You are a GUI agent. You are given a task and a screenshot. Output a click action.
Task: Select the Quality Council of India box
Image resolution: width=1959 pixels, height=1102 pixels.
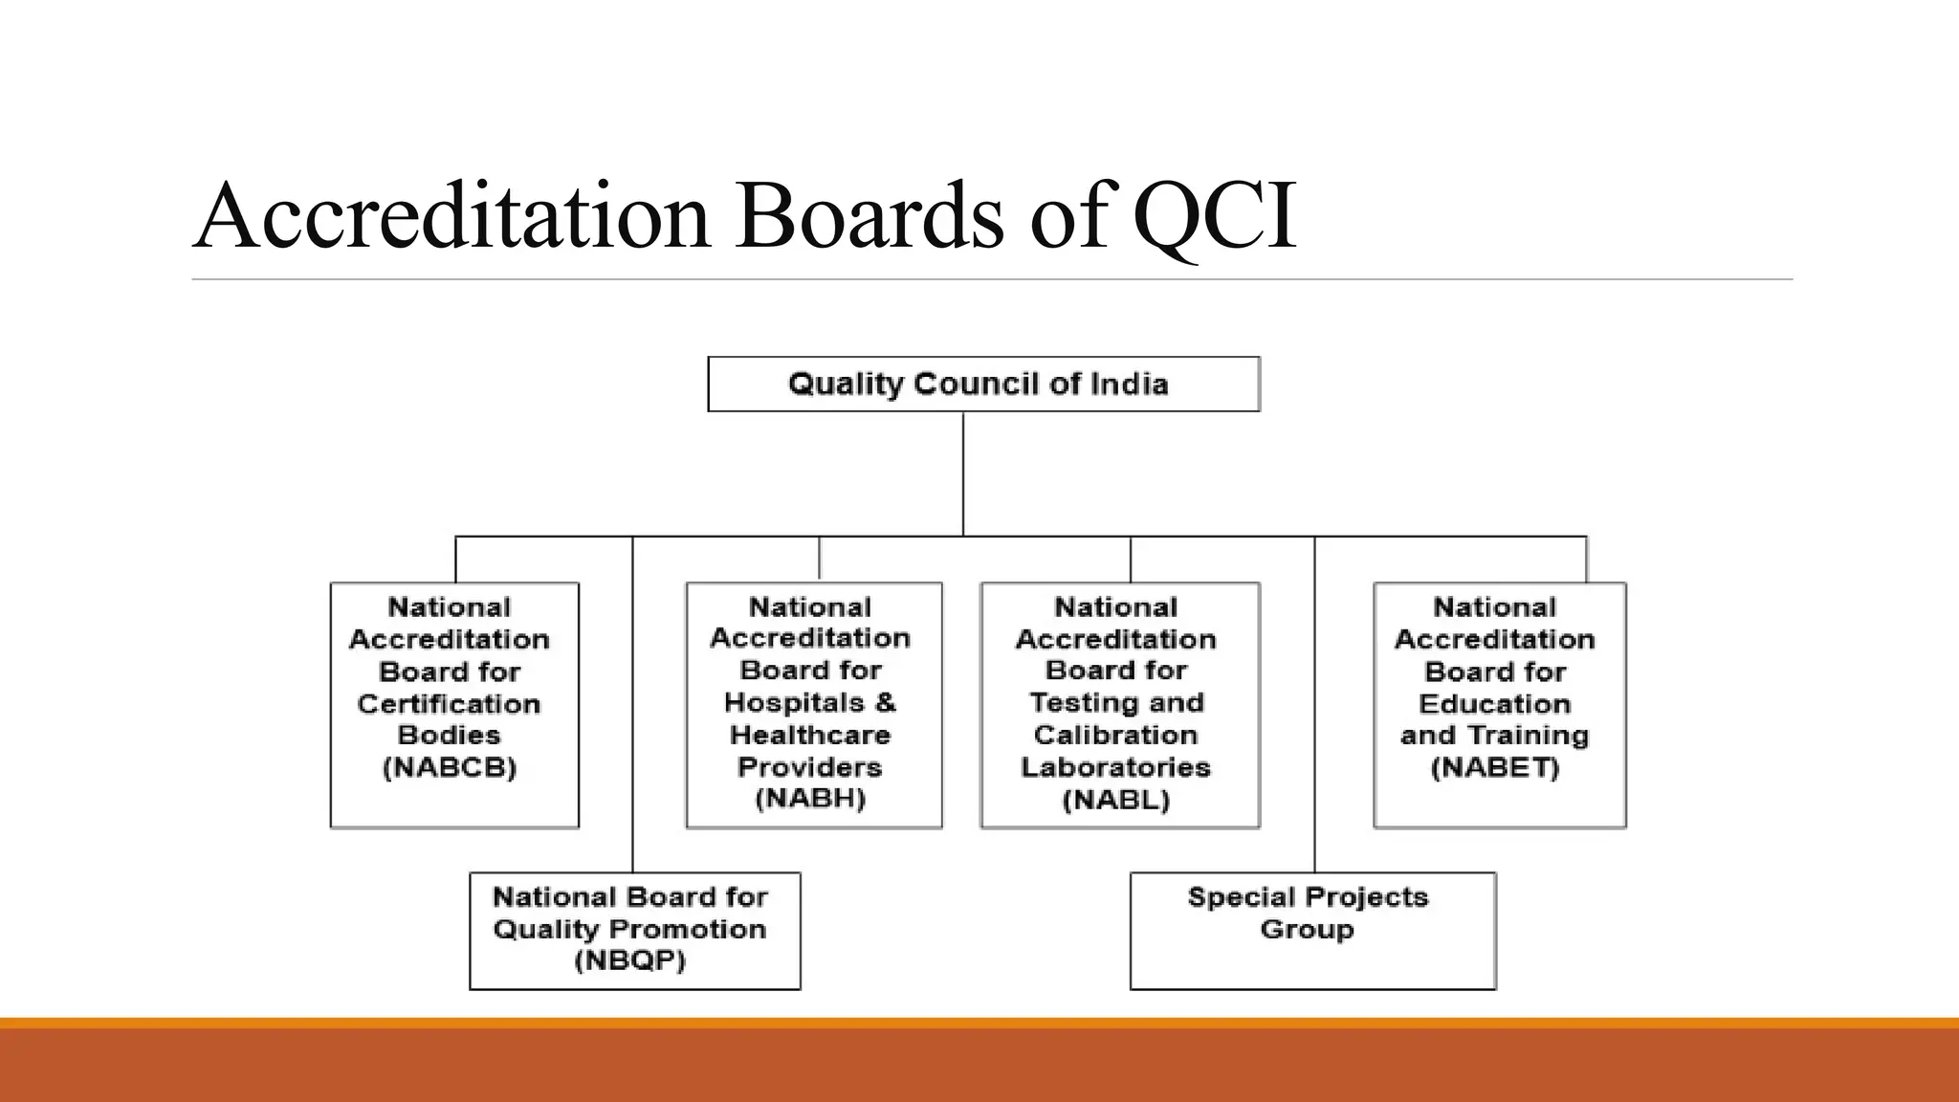tap(983, 385)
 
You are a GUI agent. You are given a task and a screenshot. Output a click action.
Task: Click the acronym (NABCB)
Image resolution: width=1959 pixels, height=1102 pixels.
tap(450, 767)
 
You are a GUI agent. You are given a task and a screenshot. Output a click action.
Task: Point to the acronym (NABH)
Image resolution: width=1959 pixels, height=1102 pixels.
tap(810, 799)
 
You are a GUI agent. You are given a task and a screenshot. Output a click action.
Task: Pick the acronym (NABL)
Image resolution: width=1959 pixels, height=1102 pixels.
tap(1116, 800)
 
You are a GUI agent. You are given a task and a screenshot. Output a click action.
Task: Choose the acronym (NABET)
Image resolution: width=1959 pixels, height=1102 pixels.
tap(1495, 767)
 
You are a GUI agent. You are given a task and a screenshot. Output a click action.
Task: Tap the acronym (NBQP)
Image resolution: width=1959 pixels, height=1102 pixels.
tap(630, 960)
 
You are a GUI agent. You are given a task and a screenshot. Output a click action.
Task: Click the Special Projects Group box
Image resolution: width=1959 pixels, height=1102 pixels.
tap(1312, 930)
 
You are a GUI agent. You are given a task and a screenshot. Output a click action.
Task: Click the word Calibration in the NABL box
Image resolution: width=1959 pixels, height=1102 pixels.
tap(1115, 736)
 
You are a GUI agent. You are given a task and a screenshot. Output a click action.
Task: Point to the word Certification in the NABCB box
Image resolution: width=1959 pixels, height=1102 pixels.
tap(449, 704)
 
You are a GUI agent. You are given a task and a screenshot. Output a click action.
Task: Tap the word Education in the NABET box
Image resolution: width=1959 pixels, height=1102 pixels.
tap(1494, 704)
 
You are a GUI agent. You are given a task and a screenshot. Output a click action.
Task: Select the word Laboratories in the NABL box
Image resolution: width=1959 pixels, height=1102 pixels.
tap(1115, 767)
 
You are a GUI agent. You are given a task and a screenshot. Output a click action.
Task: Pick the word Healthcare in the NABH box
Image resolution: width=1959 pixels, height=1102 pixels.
tap(810, 736)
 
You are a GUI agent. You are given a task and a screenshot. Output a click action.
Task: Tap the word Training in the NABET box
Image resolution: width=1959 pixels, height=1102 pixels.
tap(1528, 736)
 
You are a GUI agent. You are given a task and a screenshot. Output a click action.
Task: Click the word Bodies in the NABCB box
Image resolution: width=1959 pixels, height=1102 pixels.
tap(449, 736)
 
